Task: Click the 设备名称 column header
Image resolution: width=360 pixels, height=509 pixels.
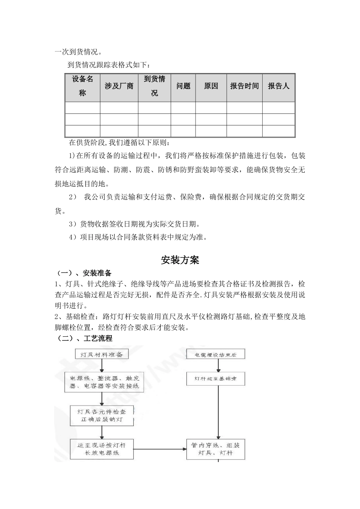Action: tap(83, 86)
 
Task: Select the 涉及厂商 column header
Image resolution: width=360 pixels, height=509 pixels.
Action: tap(119, 86)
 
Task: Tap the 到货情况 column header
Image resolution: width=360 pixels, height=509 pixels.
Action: tap(154, 86)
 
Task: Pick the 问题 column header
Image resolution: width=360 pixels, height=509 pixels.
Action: tap(183, 86)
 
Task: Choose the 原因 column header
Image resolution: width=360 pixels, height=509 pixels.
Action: tap(211, 86)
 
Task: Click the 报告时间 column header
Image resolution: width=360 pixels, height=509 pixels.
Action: tap(244, 86)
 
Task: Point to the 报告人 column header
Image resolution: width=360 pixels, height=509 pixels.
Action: tap(279, 86)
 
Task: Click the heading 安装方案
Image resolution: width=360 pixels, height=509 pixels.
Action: tap(180, 260)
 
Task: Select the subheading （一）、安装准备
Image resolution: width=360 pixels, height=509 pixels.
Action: tap(84, 273)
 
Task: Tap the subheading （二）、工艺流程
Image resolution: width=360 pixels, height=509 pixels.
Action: tap(84, 338)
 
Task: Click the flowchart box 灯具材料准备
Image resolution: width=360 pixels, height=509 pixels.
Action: tap(102, 354)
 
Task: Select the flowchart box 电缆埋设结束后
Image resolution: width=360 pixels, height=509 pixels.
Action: tap(216, 354)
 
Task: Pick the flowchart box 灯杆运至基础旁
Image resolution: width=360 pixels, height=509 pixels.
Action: tap(216, 378)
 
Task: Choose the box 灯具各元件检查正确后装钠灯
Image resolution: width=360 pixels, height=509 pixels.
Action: tap(102, 415)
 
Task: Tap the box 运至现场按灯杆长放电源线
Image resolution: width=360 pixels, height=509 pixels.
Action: tap(102, 449)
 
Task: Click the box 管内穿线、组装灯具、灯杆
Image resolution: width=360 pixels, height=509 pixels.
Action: tap(216, 449)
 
